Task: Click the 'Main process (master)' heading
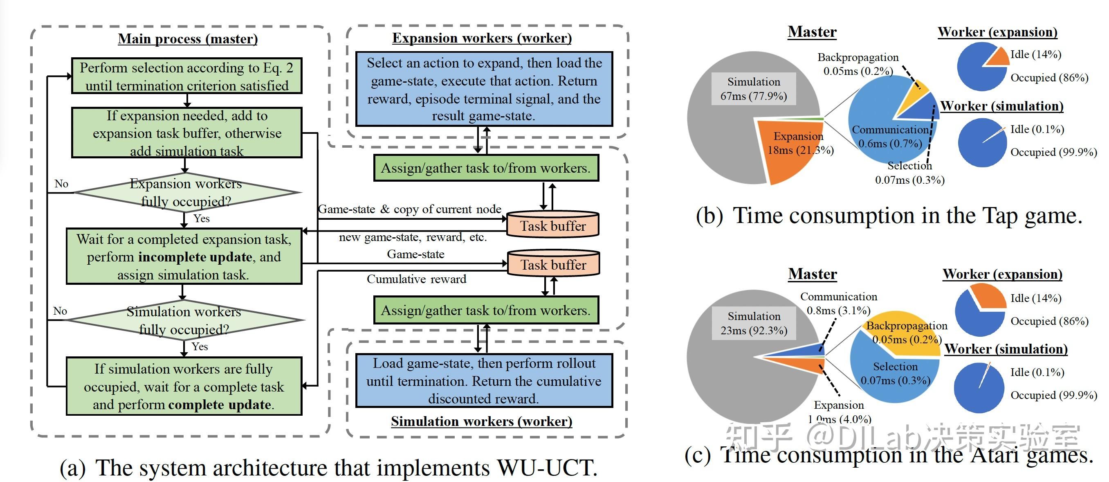point(188,39)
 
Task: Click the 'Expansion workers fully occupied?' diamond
point(187,192)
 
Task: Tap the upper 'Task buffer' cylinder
point(553,224)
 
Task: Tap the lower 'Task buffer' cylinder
point(553,263)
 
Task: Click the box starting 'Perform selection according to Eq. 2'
point(186,76)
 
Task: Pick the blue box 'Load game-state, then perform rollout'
point(484,381)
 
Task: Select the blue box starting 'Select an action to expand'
point(484,89)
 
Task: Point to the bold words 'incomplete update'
point(195,257)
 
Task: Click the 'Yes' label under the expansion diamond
point(201,218)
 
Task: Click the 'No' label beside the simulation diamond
point(60,311)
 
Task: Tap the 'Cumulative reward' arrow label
point(416,279)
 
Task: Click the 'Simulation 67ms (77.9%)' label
point(753,89)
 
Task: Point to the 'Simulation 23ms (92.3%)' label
point(754,323)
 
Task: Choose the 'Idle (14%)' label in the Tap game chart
point(1036,54)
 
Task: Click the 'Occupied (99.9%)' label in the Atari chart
point(1053,395)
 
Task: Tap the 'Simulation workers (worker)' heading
point(482,421)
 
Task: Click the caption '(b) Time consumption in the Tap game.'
point(889,215)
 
